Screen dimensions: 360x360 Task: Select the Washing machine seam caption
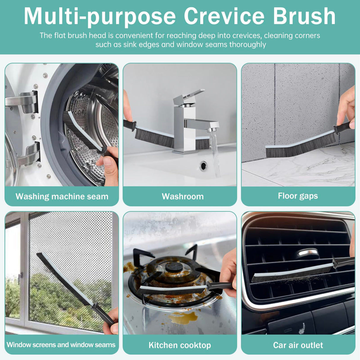[62, 196]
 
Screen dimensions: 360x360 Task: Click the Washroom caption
[183, 196]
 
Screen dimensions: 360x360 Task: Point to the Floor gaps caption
[298, 196]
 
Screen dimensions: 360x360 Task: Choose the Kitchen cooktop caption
[180, 345]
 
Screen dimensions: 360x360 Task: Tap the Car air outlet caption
[298, 345]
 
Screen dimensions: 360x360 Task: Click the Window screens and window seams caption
[61, 345]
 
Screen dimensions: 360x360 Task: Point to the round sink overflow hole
[203, 165]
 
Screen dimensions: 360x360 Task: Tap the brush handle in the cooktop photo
[219, 286]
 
